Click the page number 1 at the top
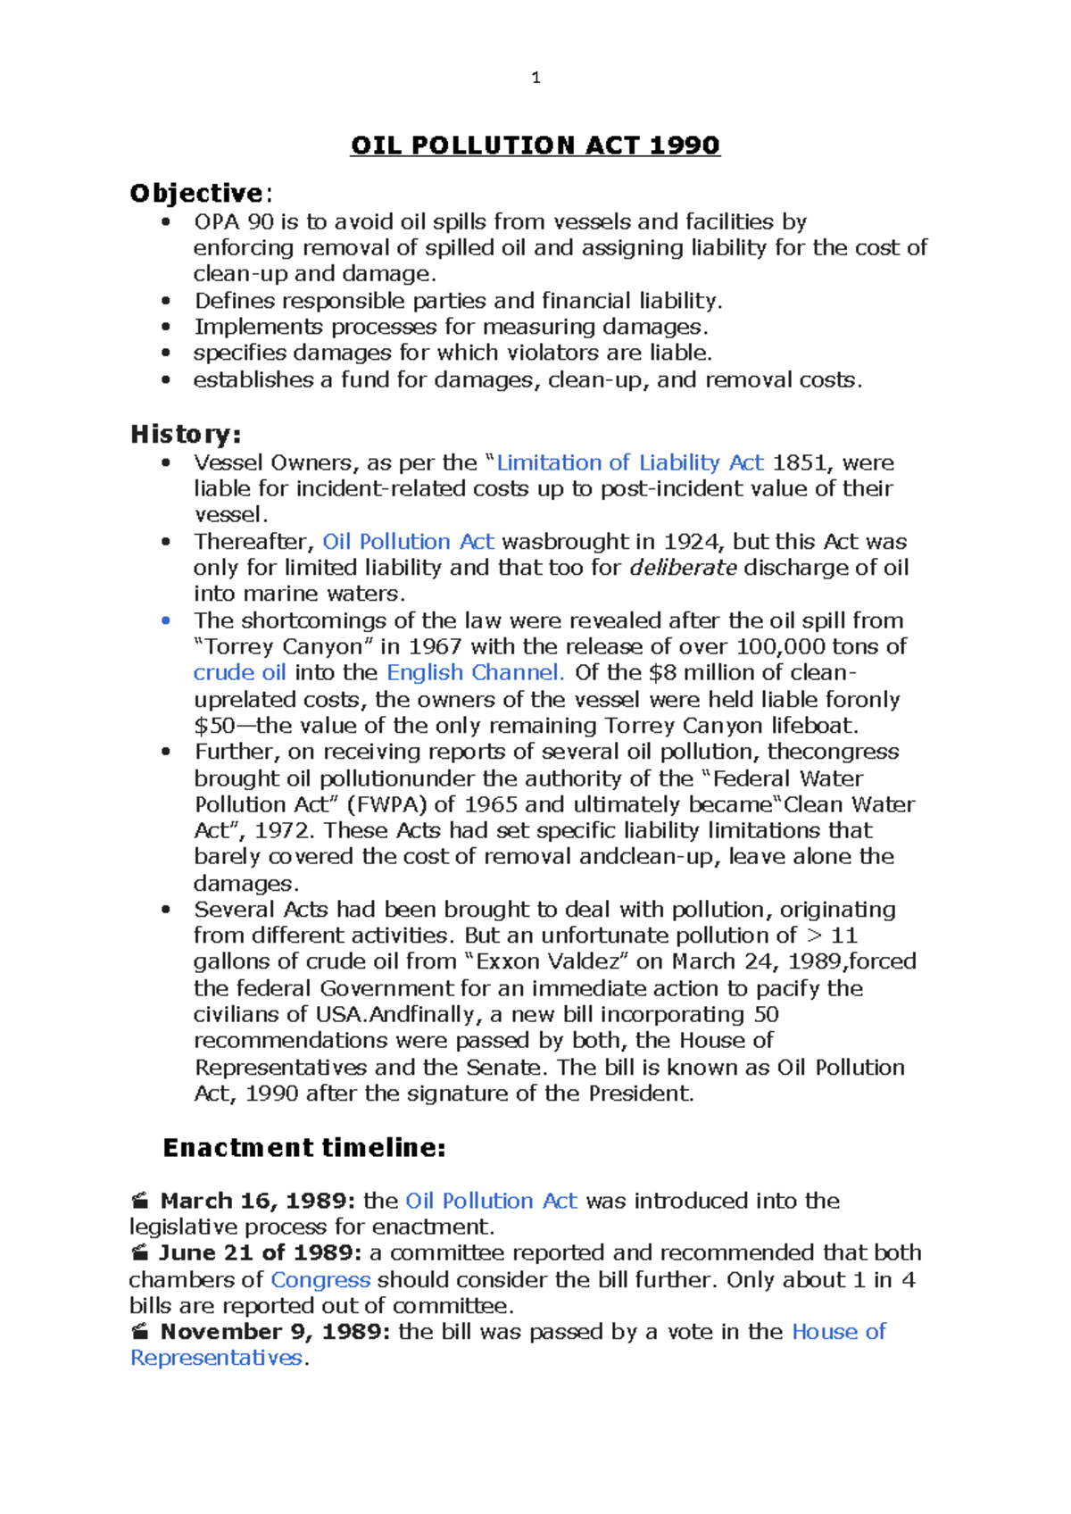pyautogui.click(x=535, y=79)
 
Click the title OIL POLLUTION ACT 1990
pyautogui.click(x=535, y=146)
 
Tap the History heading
pyautogui.click(x=185, y=435)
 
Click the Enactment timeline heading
pyautogui.click(x=303, y=1148)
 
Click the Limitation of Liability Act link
pyautogui.click(x=629, y=462)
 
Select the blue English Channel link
pyautogui.click(x=475, y=672)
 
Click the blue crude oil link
pyautogui.click(x=239, y=672)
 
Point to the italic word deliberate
pyautogui.click(x=683, y=568)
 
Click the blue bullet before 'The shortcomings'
pyautogui.click(x=165, y=620)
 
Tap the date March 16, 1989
pyautogui.click(x=257, y=1201)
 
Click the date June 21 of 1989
pyautogui.click(x=260, y=1253)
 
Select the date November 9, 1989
pyautogui.click(x=275, y=1332)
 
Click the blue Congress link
pyautogui.click(x=320, y=1280)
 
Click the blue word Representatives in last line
pyautogui.click(x=216, y=1358)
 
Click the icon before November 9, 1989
pyautogui.click(x=140, y=1332)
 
